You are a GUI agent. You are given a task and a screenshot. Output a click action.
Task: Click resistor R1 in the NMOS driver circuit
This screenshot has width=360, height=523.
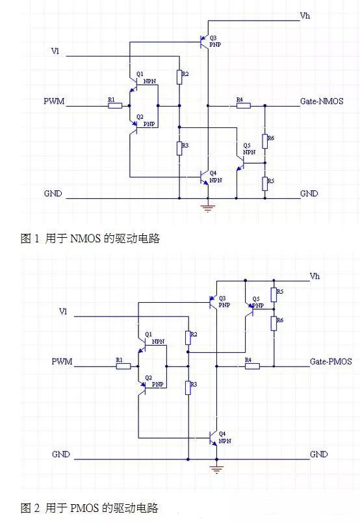coord(115,105)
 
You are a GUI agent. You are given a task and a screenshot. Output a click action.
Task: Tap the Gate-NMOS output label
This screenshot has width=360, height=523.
coord(321,101)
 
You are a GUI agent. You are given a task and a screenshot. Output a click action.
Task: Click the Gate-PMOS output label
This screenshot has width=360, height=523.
coord(331,361)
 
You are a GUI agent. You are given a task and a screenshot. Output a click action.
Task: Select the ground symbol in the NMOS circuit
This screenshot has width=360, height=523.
coord(208,207)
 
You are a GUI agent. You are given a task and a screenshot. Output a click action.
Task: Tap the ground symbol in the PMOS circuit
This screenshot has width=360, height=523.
coord(217,467)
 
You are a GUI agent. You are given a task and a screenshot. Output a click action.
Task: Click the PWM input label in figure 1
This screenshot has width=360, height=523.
coord(53,102)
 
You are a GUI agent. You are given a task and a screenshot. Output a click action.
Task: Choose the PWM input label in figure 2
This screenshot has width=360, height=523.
coord(62,361)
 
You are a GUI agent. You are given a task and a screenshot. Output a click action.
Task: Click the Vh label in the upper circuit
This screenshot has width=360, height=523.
coord(305,15)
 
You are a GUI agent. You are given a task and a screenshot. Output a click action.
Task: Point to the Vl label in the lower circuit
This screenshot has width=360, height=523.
coord(63,312)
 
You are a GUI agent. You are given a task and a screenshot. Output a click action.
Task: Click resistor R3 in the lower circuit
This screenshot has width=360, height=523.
coord(187,388)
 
